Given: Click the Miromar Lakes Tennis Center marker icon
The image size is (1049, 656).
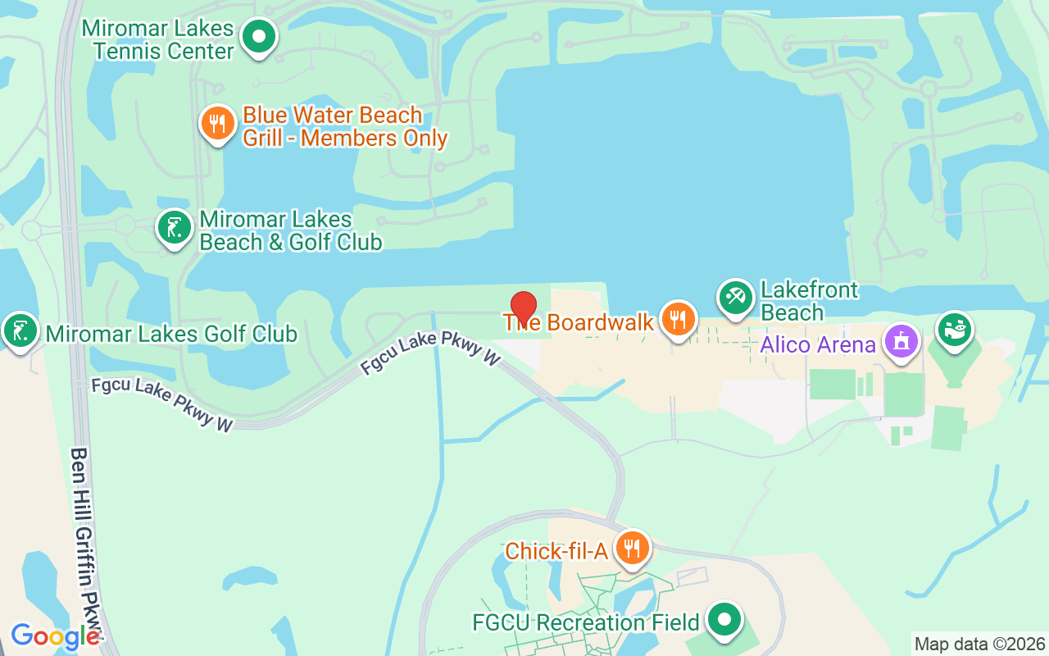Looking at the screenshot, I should click(259, 37).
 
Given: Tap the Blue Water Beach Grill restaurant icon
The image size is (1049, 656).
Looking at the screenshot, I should click(217, 125).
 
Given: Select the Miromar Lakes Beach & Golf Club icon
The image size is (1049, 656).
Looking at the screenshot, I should click(174, 228).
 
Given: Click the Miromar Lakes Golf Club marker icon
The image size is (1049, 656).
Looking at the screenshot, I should click(20, 331).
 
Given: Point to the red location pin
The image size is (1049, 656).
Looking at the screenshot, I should click(524, 308).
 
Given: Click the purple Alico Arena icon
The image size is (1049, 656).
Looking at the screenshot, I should click(901, 340).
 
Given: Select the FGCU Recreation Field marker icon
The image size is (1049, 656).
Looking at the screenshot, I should click(724, 620).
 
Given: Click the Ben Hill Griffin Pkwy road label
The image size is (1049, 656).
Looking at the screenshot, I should click(89, 537).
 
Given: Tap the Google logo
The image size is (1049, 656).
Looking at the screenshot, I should click(55, 636).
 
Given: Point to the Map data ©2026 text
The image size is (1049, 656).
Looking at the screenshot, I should click(979, 645).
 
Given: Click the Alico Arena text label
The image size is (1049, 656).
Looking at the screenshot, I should click(817, 344).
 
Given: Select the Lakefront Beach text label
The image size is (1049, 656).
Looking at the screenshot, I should click(797, 301).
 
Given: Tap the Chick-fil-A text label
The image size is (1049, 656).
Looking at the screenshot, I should click(556, 551).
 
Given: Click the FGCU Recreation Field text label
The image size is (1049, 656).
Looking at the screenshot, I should click(586, 623).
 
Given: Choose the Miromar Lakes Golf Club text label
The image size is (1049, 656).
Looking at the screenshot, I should click(171, 334).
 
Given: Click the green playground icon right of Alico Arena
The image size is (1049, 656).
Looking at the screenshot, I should click(954, 330).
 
